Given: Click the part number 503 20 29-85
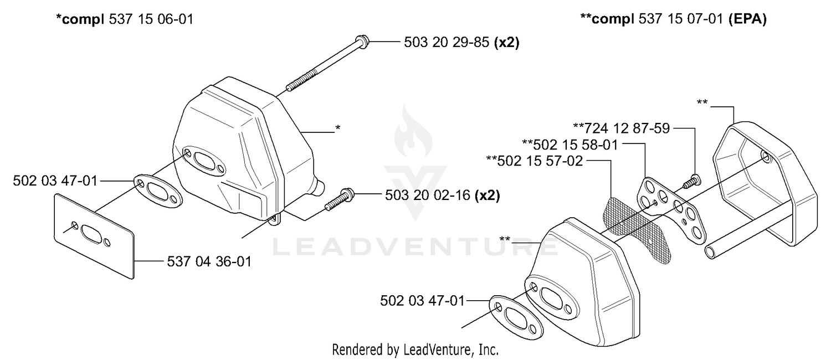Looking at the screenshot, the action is point(447,42).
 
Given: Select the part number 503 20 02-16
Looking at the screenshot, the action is point(427,195).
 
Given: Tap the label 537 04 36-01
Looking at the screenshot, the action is point(209,262).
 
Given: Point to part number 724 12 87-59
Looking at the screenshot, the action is point(627,128).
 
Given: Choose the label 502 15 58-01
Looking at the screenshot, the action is point(576,145).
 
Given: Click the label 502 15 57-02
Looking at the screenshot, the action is point(540,161).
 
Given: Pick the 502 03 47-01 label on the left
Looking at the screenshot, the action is point(55,181).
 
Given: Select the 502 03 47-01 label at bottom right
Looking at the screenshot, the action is point(423,301).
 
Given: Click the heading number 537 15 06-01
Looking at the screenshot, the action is point(151,19).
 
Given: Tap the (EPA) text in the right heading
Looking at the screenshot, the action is point(747,19).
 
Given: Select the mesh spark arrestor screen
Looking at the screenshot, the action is point(636,230).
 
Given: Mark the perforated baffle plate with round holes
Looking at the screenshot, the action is point(671,210).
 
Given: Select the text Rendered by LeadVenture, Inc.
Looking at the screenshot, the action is point(415,349).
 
